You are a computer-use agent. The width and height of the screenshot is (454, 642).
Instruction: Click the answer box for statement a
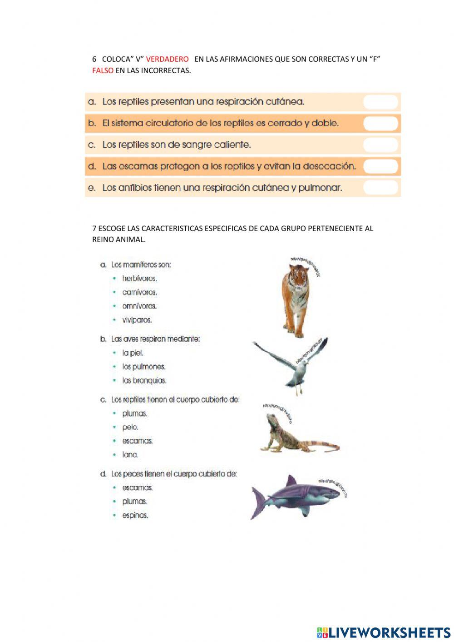point(380,102)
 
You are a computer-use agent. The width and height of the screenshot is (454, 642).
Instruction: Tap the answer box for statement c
point(380,145)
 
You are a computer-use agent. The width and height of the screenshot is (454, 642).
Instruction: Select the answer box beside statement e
point(380,188)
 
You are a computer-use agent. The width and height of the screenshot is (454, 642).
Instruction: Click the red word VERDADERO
point(167,59)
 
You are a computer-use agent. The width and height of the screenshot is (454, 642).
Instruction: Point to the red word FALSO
point(103,70)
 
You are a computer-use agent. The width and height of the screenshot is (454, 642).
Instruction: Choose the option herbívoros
point(139,279)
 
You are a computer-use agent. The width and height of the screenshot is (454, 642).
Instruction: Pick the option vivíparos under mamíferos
point(137,320)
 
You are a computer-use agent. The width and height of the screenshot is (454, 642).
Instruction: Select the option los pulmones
point(143,366)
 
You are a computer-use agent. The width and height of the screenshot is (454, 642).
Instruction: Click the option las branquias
point(144,380)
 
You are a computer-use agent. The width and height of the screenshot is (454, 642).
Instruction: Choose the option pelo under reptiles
point(130,427)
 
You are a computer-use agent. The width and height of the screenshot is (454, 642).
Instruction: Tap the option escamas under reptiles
point(137,441)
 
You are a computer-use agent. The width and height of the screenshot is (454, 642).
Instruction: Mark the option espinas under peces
point(135,515)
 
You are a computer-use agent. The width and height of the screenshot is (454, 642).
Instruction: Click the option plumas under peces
point(134,502)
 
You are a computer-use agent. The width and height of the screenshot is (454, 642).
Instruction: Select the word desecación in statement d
point(329,166)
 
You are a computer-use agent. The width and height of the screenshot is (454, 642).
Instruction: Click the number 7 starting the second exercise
point(94,228)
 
